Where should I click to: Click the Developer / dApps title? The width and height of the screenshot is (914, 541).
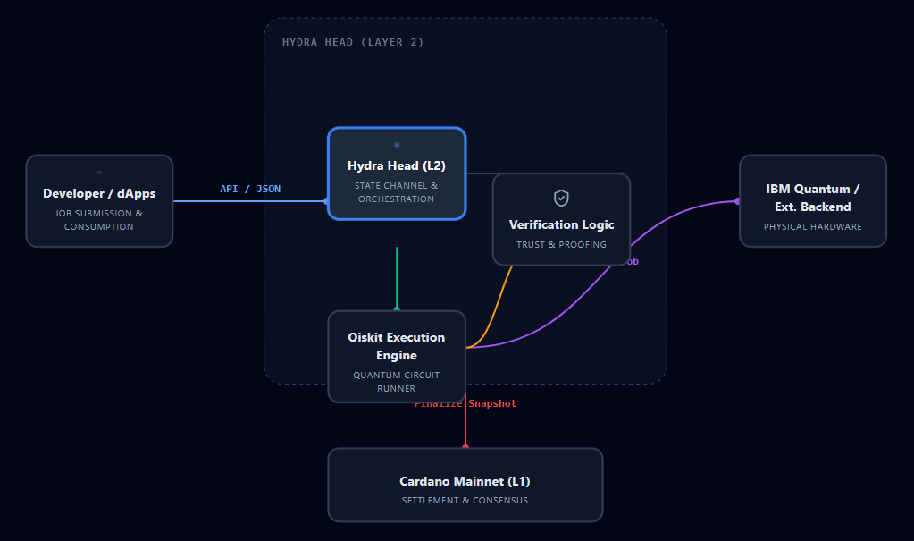[99, 193]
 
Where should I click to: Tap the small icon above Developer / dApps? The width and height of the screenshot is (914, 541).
[99, 173]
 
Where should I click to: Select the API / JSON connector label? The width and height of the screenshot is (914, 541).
[250, 189]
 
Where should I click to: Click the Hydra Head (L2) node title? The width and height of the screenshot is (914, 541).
[397, 165]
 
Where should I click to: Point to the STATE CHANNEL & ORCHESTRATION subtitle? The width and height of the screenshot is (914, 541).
[397, 192]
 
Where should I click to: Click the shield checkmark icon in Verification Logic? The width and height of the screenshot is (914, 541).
[561, 198]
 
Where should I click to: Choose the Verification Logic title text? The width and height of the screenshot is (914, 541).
[561, 224]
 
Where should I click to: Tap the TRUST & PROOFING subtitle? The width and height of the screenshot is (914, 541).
[561, 244]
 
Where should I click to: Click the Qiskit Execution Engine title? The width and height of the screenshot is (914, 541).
[397, 346]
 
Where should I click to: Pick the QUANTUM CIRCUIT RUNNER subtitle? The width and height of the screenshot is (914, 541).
[397, 382]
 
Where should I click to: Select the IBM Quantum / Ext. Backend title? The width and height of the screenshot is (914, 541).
[813, 198]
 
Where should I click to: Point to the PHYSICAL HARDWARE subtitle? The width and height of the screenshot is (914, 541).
[813, 226]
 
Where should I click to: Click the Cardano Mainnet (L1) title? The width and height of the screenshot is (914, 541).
[465, 481]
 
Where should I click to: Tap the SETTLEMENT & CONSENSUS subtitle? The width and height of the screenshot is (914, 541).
[465, 500]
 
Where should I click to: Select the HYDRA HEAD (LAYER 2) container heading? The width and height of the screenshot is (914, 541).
[353, 42]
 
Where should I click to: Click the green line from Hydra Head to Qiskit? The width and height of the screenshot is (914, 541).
[397, 277]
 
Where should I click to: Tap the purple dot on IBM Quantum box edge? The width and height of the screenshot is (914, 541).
[738, 201]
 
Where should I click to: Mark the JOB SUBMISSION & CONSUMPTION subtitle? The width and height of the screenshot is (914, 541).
[99, 220]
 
